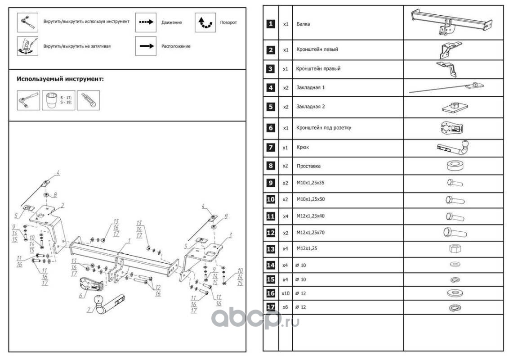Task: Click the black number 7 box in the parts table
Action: click(270, 147)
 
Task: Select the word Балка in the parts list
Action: click(303, 24)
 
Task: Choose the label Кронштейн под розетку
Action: click(323, 128)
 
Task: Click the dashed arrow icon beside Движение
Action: click(145, 22)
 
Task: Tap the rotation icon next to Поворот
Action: click(205, 22)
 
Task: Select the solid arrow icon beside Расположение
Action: click(145, 46)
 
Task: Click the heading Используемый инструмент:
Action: click(60, 79)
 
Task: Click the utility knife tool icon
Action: click(88, 100)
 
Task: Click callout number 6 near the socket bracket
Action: click(80, 296)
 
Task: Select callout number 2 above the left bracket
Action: click(63, 205)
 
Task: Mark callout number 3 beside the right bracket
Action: click(230, 235)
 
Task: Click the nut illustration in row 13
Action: click(453, 248)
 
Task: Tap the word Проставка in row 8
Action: click(308, 166)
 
